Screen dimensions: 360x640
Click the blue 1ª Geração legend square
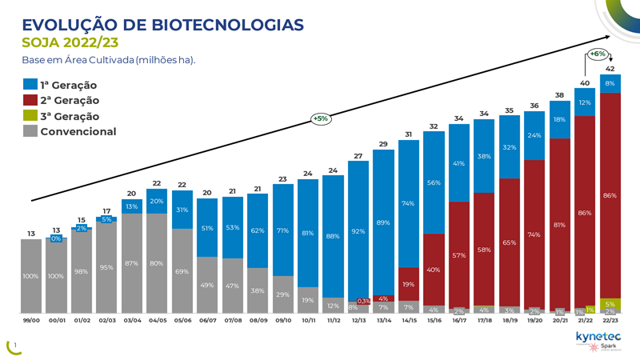pyautogui.click(x=30, y=84)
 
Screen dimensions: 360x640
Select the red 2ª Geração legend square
pyautogui.click(x=30, y=100)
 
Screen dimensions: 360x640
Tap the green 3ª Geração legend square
pyautogui.click(x=30, y=116)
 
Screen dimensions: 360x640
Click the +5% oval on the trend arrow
pyautogui.click(x=320, y=118)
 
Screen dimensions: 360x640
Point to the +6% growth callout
pyautogui.click(x=597, y=54)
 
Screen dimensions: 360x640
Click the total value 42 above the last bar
pyautogui.click(x=610, y=69)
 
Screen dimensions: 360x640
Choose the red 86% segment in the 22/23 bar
pyautogui.click(x=610, y=195)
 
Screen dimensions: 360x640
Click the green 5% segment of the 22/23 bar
pyautogui.click(x=610, y=303)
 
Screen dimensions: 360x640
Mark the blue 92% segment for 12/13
pyautogui.click(x=358, y=230)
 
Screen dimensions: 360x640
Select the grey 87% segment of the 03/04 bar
pyautogui.click(x=132, y=263)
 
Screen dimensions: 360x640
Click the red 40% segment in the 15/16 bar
pyautogui.click(x=434, y=269)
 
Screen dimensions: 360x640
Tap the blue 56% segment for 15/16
pyautogui.click(x=434, y=182)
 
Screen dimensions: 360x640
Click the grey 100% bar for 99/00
pyautogui.click(x=31, y=275)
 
